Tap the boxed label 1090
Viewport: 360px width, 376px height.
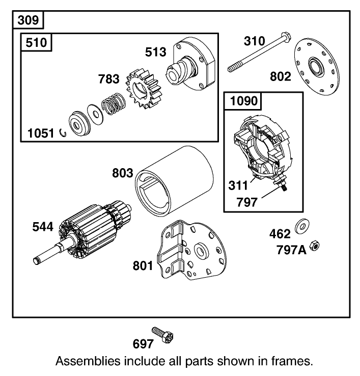coord(244,101)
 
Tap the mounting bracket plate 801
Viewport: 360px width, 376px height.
coord(191,252)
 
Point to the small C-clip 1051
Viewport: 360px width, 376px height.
coord(63,133)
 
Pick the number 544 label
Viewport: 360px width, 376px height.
coord(43,227)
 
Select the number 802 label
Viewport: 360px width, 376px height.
coord(281,77)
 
